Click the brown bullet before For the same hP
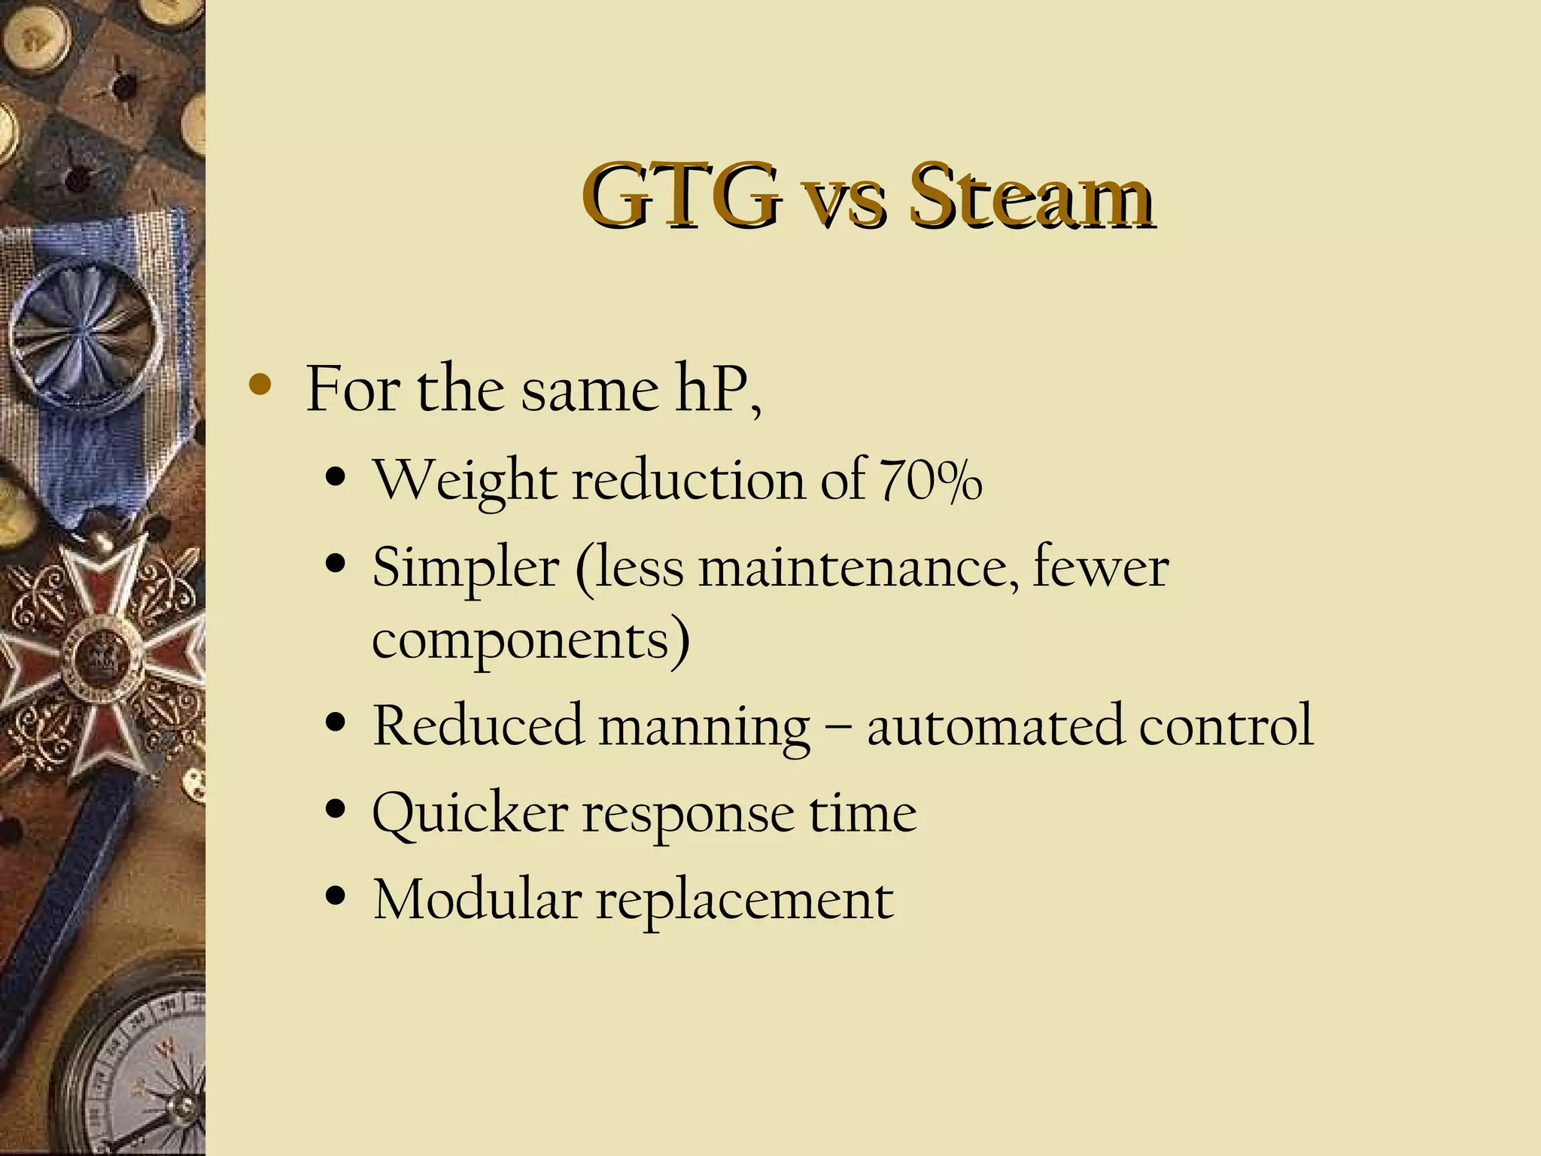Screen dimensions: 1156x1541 click(x=260, y=386)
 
